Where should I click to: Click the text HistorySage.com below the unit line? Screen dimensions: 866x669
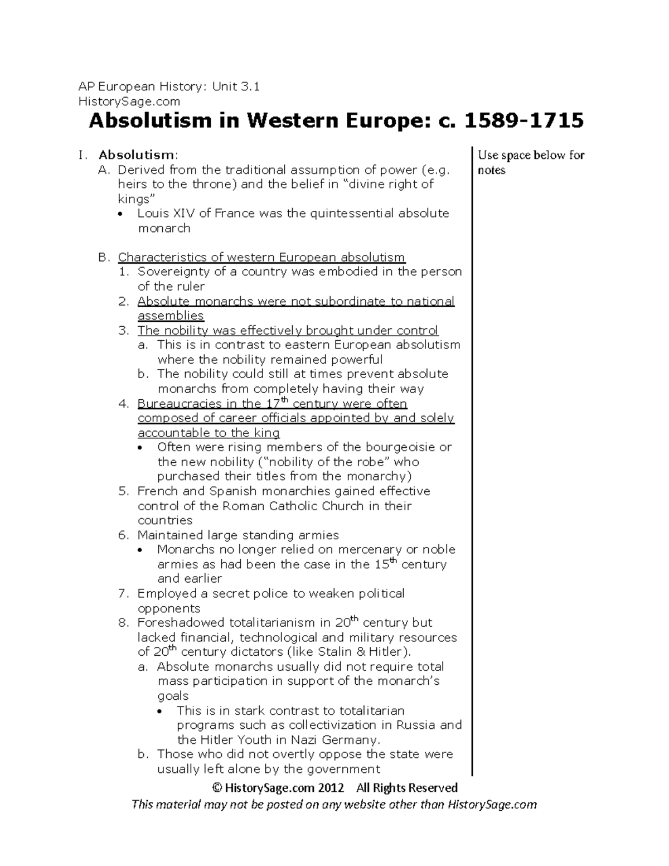pyautogui.click(x=129, y=101)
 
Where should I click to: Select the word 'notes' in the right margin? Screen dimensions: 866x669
pyautogui.click(x=491, y=171)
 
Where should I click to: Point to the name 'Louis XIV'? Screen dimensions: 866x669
pyautogui.click(x=159, y=214)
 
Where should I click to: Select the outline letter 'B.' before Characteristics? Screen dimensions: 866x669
pyautogui.click(x=104, y=258)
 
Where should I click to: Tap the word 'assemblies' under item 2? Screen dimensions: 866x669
pyautogui.click(x=171, y=316)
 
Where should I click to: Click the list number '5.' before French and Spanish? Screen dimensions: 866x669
pyautogui.click(x=123, y=491)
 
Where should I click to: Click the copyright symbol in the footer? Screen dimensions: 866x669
pyautogui.click(x=217, y=788)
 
